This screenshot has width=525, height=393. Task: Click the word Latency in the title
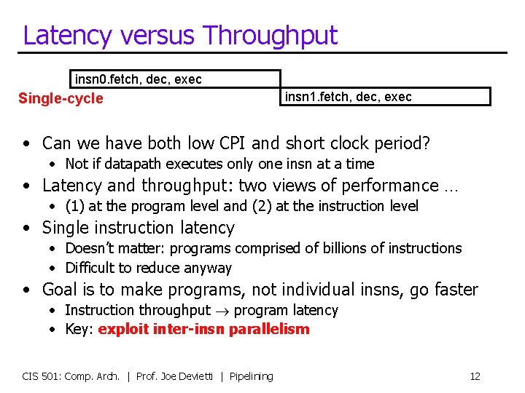tap(67, 35)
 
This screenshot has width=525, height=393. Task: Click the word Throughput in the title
tap(271, 36)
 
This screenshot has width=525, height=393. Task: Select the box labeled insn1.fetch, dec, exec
tap(385, 96)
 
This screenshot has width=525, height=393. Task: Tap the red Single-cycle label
tap(61, 98)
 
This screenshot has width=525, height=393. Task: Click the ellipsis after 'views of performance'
tap(451, 186)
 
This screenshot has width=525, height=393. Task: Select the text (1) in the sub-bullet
tap(74, 206)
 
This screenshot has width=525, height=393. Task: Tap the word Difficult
tap(90, 268)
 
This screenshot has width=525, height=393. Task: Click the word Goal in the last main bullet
tap(60, 290)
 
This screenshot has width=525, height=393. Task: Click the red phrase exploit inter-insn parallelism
tap(203, 329)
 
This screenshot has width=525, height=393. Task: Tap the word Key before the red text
tap(77, 329)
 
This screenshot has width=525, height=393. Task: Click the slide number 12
tap(475, 376)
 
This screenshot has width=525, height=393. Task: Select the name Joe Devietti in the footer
tap(187, 376)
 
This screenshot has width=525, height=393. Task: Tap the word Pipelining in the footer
tap(251, 376)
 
